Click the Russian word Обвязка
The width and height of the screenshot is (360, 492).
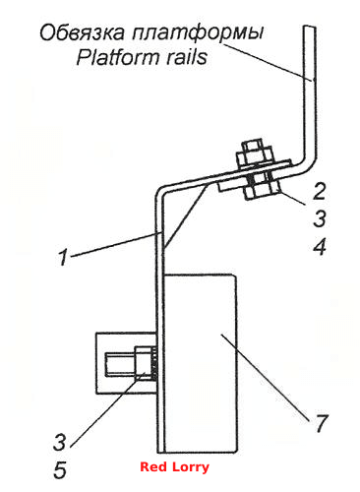[x=82, y=32]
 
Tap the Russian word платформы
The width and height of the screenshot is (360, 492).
[x=198, y=33]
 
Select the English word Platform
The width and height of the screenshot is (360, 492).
[x=118, y=57]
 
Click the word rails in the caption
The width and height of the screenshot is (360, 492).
[x=187, y=57]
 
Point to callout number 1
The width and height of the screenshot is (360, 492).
[x=63, y=257]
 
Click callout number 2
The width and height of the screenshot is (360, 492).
[x=319, y=191]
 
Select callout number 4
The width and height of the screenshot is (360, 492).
[x=320, y=247]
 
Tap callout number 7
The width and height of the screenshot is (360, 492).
[x=321, y=423]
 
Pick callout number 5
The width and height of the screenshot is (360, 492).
[x=60, y=469]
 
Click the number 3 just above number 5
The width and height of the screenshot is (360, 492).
[x=60, y=442]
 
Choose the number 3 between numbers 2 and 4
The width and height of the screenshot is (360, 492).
[x=320, y=218]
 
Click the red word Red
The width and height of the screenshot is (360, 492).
[x=152, y=466]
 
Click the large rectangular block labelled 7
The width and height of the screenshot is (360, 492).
[x=201, y=363]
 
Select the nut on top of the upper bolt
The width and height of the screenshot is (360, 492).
[x=255, y=155]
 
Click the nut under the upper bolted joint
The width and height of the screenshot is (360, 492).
[x=262, y=190]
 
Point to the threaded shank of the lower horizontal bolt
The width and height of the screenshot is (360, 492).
[x=120, y=364]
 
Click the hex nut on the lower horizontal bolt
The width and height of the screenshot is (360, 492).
[x=144, y=364]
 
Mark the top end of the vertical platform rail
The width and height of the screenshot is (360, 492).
[x=309, y=27]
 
